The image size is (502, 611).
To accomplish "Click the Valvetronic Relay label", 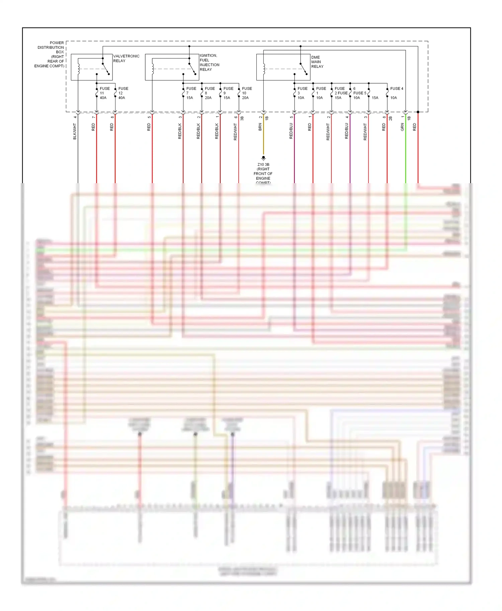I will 126,58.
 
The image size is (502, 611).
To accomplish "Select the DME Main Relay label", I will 317,62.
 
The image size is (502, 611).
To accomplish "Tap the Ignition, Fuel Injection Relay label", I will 210,63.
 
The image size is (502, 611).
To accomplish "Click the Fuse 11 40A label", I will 104,93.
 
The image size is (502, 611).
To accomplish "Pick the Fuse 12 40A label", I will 123,93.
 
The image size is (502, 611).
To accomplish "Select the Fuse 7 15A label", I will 191,93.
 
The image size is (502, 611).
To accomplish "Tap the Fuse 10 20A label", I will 247,93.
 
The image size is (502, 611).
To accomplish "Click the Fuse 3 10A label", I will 302,93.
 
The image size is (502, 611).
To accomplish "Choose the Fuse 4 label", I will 397,89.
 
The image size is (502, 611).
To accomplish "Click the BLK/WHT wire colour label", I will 75,131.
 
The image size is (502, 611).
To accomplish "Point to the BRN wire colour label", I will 260,127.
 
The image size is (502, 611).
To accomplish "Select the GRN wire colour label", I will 402,127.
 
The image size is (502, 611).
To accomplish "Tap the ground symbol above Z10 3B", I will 263,158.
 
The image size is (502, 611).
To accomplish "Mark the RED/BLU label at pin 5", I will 291,131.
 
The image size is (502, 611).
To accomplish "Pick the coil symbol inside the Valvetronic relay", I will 79,68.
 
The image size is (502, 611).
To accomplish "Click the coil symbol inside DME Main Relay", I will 264,68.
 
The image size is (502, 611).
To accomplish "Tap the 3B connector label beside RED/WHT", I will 242,118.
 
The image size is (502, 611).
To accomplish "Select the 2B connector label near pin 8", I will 391,118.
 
